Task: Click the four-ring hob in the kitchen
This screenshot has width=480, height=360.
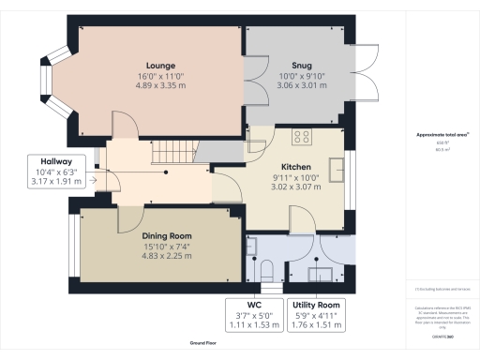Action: point(303,136)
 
